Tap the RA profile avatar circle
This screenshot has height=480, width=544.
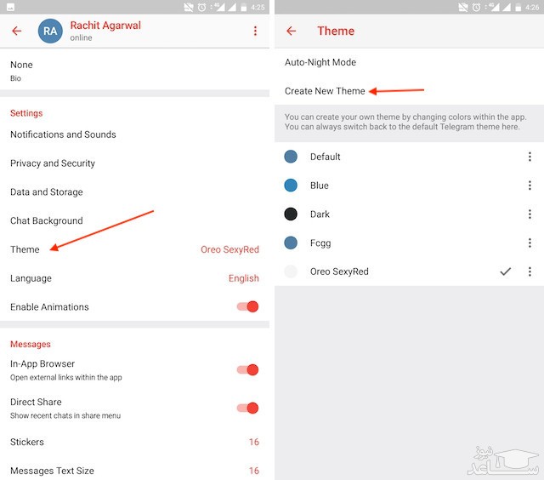click(x=50, y=31)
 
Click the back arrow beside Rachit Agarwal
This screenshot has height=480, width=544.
click(x=17, y=31)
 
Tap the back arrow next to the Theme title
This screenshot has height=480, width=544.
click(x=291, y=31)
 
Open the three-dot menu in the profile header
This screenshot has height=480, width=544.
click(x=255, y=31)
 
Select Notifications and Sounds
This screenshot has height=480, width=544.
click(x=63, y=134)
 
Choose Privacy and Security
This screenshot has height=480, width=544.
click(x=53, y=163)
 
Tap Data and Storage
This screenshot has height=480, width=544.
click(x=47, y=192)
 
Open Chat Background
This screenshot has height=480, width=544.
click(x=47, y=221)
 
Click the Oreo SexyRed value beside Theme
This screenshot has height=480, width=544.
click(x=230, y=249)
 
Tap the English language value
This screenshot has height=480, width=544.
click(x=244, y=278)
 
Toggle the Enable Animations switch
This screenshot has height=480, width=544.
click(x=247, y=306)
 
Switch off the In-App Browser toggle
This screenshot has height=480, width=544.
click(x=247, y=370)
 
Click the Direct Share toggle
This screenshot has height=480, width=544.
click(x=247, y=409)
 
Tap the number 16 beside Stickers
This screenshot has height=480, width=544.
click(x=254, y=442)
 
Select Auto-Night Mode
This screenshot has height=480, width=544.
click(x=320, y=62)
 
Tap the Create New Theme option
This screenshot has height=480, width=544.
click(x=325, y=91)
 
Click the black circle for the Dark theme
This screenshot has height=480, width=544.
click(x=291, y=214)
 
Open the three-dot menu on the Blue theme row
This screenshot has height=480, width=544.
click(x=530, y=186)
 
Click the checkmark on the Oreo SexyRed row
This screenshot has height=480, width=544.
click(x=506, y=271)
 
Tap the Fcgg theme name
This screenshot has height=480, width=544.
click(x=320, y=243)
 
